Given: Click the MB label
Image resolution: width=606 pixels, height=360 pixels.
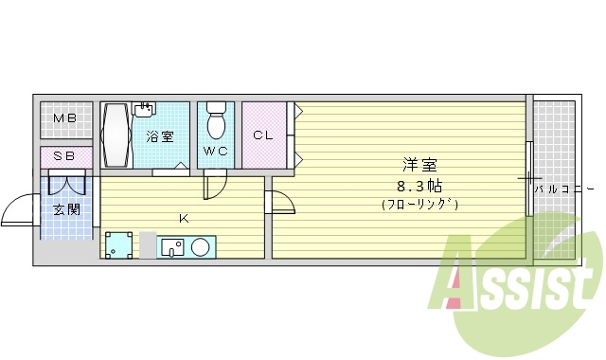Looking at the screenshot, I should pyautogui.click(x=64, y=118).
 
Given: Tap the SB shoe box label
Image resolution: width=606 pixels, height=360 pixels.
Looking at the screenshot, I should pyautogui.click(x=64, y=155).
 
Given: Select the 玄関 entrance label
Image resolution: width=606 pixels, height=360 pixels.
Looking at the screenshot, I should pyautogui.click(x=65, y=209).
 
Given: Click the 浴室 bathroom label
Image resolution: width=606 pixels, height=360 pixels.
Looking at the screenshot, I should pyautogui.click(x=159, y=136).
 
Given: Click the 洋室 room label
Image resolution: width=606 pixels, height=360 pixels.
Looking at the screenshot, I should pyautogui.click(x=419, y=164).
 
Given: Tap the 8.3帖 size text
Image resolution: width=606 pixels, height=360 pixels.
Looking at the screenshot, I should pyautogui.click(x=419, y=185).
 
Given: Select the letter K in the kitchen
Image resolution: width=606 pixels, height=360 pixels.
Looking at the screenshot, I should pyautogui.click(x=185, y=220).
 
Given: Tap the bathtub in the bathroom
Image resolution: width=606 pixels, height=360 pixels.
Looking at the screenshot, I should pyautogui.click(x=116, y=135).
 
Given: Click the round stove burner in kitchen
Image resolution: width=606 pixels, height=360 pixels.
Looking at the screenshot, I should pyautogui.click(x=201, y=247).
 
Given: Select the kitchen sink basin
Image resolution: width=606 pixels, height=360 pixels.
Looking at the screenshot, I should pyautogui.click(x=173, y=247).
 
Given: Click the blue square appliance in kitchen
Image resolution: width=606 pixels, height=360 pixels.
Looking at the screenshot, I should pyautogui.click(x=117, y=246).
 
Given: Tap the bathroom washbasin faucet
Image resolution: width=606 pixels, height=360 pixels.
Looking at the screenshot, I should pyautogui.click(x=145, y=109).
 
